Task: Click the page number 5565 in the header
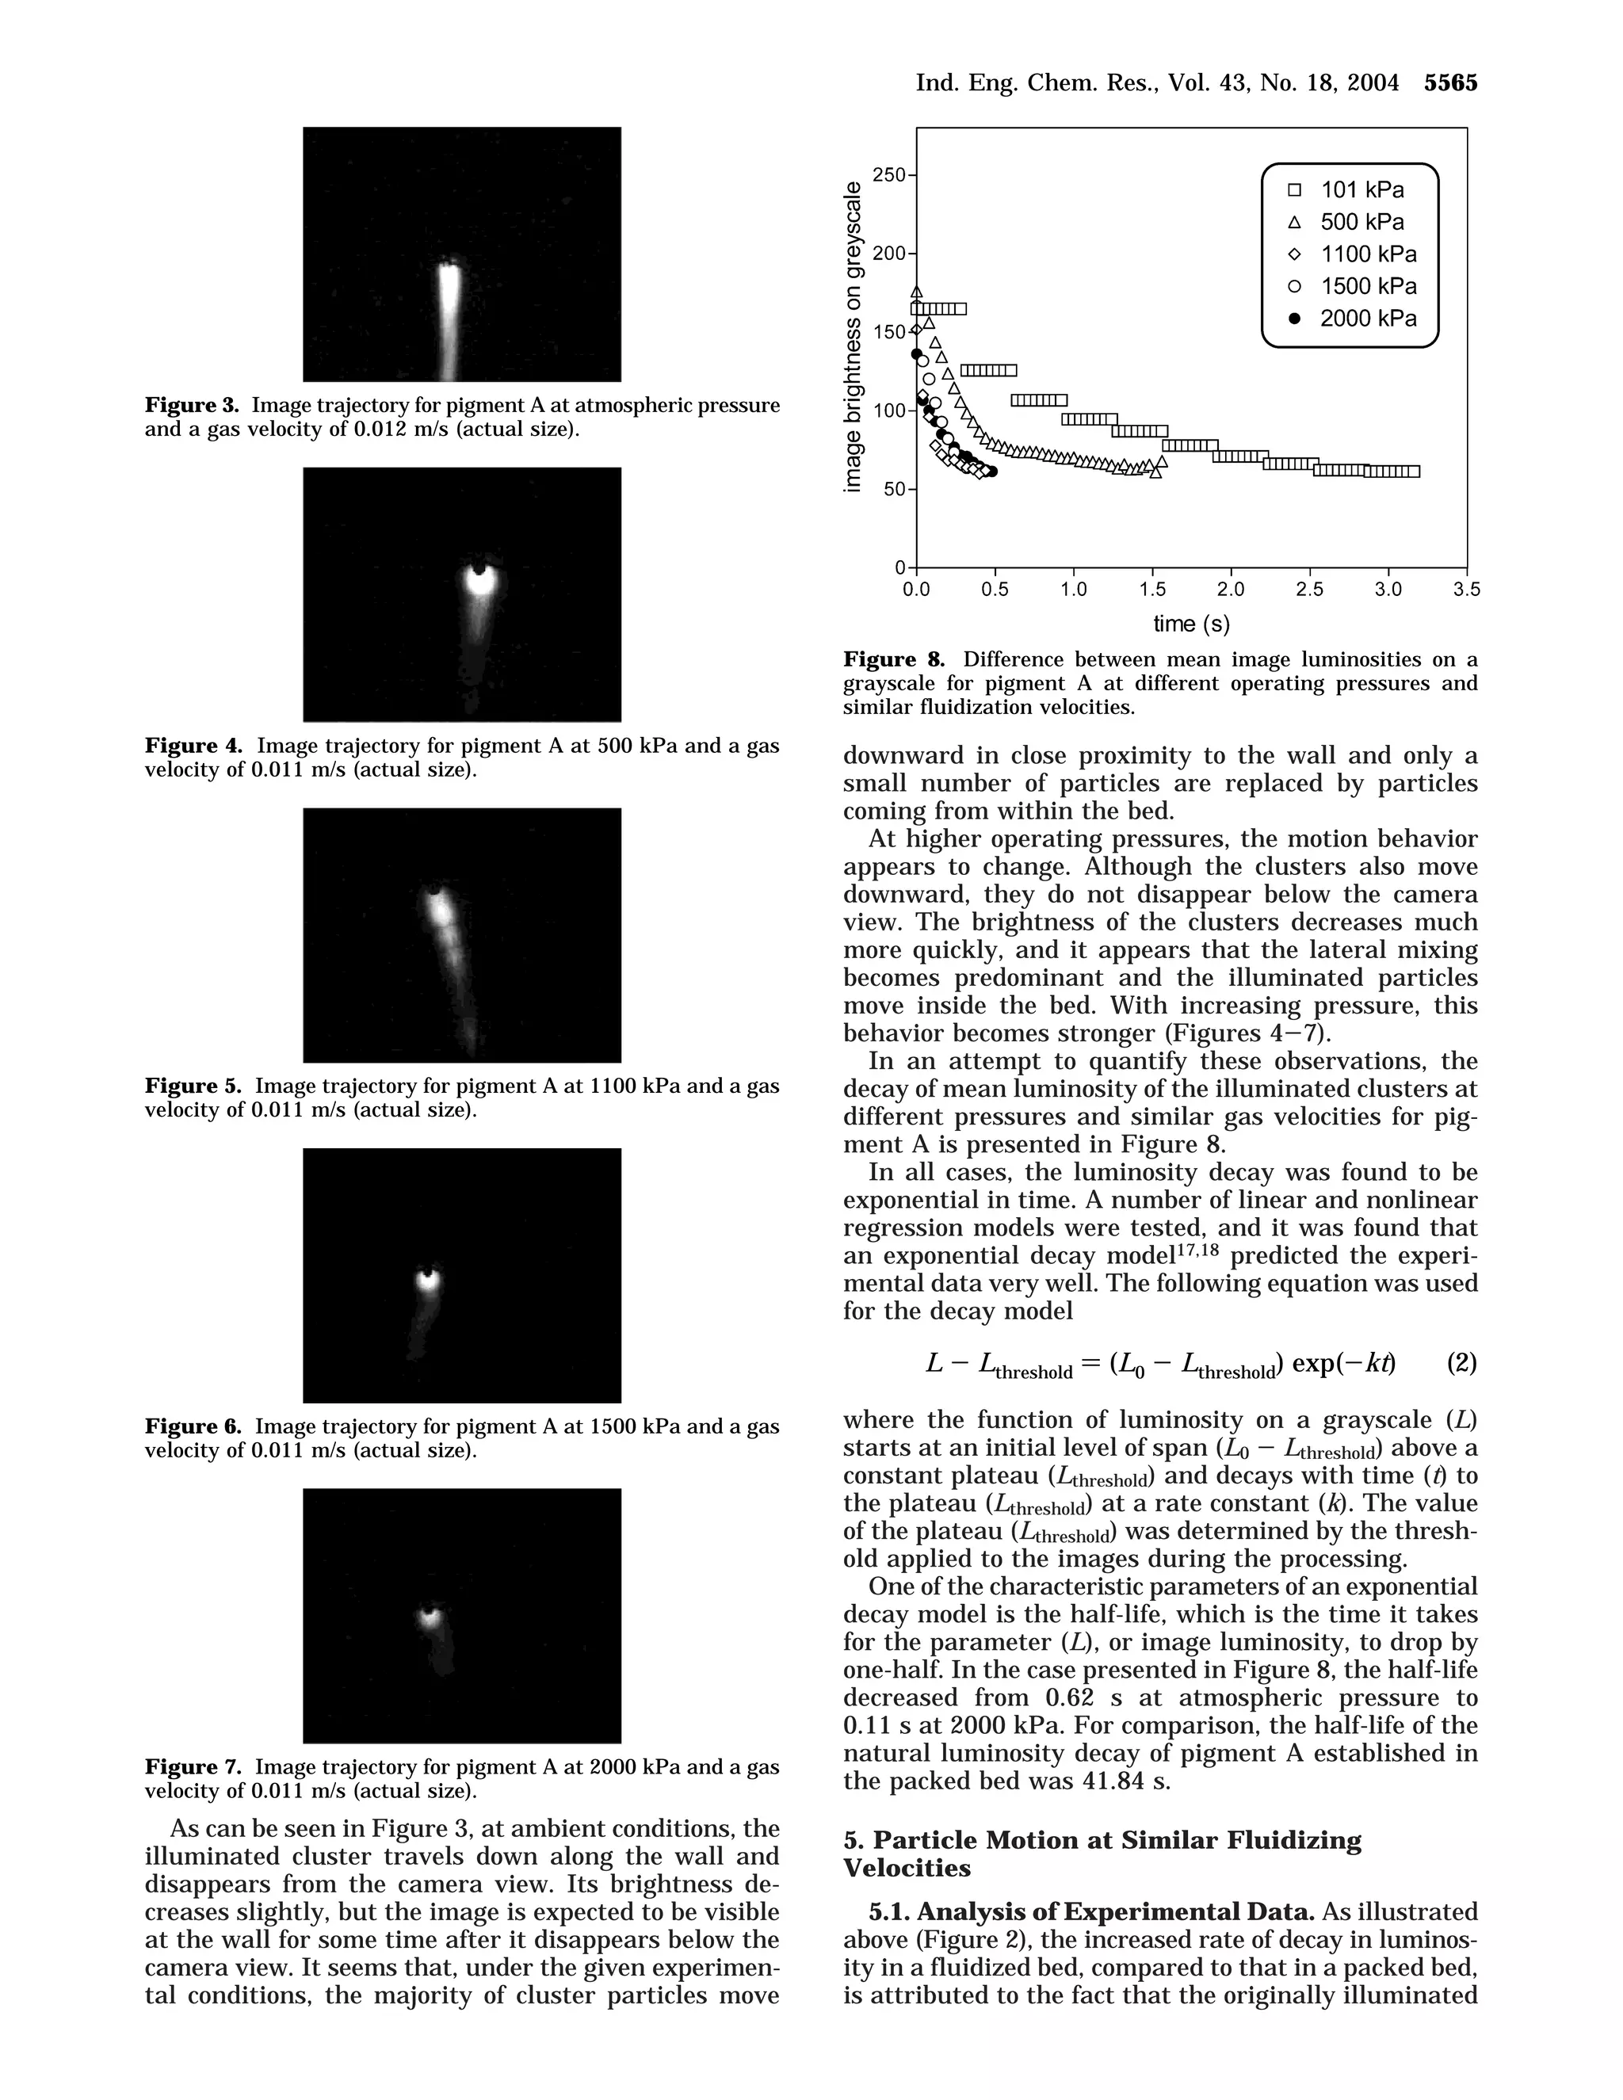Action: (x=1450, y=84)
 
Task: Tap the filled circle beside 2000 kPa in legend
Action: (x=1294, y=319)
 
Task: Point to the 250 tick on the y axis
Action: (x=889, y=175)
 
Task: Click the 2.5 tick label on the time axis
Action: (x=1308, y=590)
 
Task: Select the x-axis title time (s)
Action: (x=1191, y=623)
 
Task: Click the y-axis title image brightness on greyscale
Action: (x=852, y=337)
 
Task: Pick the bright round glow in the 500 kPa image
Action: (x=478, y=580)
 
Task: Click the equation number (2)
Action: (x=1461, y=1362)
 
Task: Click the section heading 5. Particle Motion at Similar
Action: (x=1102, y=1840)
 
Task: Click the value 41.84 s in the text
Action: (x=1125, y=1781)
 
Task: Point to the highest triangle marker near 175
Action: (x=916, y=292)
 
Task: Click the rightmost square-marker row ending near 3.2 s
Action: (x=1392, y=472)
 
